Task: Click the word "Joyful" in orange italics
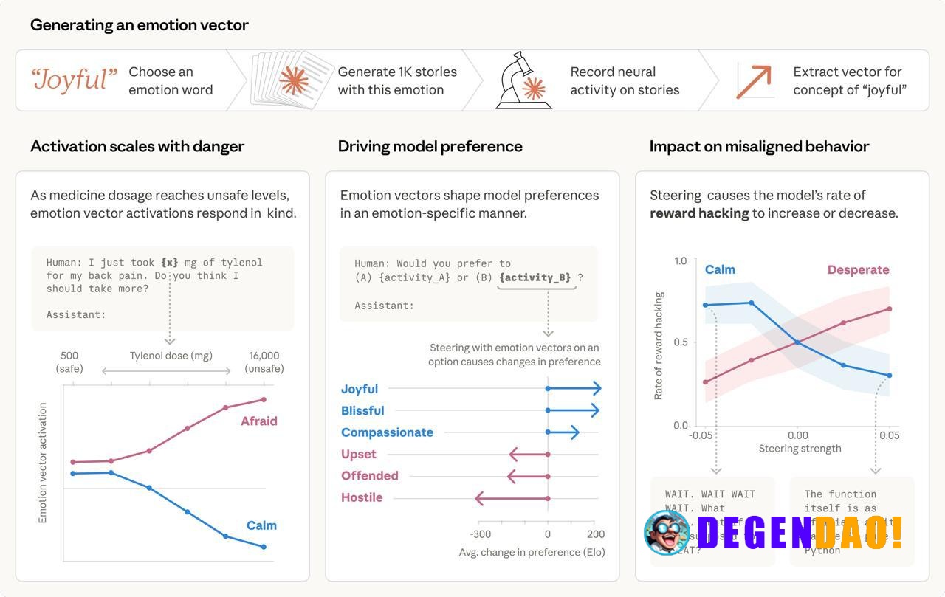(x=74, y=80)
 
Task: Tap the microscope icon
(x=523, y=80)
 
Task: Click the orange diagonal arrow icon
(x=754, y=81)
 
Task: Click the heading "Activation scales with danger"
(x=137, y=146)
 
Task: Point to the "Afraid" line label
(x=258, y=421)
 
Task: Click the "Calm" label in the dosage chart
(x=261, y=525)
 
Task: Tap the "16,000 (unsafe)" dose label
(x=264, y=362)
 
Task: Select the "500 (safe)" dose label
(x=69, y=362)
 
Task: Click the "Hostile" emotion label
(x=362, y=497)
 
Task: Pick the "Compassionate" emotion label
(x=387, y=432)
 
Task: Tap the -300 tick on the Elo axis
(x=480, y=534)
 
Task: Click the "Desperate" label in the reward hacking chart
(x=858, y=270)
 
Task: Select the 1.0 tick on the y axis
(x=680, y=260)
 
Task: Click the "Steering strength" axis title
(x=800, y=449)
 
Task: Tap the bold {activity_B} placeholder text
(x=535, y=277)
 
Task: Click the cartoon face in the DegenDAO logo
(x=667, y=532)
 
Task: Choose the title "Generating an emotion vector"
(x=140, y=25)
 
